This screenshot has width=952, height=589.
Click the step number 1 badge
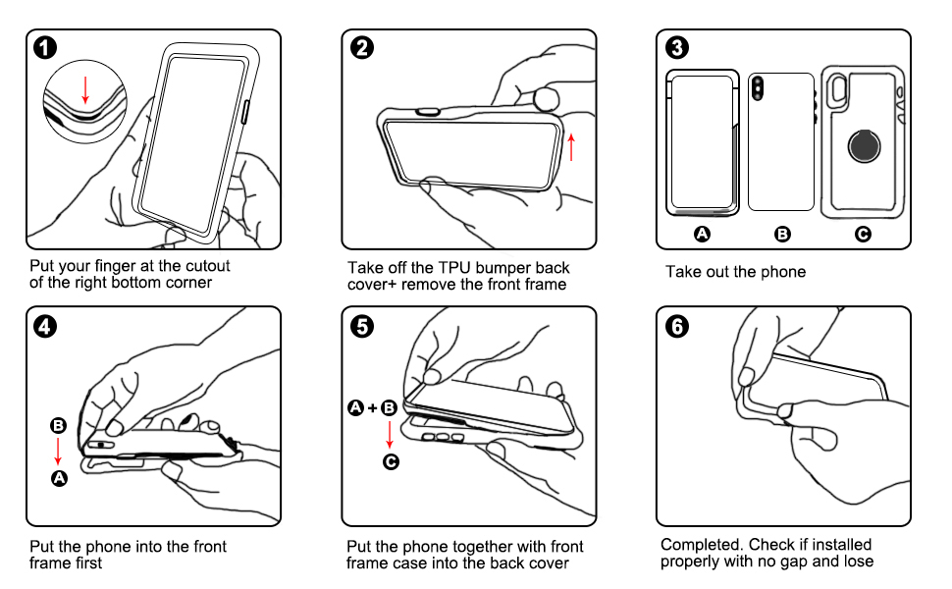(45, 47)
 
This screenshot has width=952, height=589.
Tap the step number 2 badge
(362, 47)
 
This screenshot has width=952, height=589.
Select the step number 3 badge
(677, 47)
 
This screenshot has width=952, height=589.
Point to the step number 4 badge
(45, 326)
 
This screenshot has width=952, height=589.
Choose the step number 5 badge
(362, 326)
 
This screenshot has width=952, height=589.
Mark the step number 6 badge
(677, 326)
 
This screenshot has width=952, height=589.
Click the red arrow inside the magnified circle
(85, 90)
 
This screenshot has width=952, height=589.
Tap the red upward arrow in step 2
(571, 147)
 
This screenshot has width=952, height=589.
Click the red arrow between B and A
(58, 452)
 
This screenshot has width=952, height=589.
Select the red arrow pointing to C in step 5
(390, 434)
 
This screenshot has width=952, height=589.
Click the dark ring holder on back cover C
(864, 145)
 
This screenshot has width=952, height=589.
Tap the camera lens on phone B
(757, 88)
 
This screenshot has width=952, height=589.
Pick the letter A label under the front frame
(702, 234)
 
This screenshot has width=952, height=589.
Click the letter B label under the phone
(782, 234)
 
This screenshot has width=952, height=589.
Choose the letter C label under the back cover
(863, 234)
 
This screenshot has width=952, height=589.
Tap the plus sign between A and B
(372, 407)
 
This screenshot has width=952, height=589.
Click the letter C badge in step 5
(391, 462)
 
